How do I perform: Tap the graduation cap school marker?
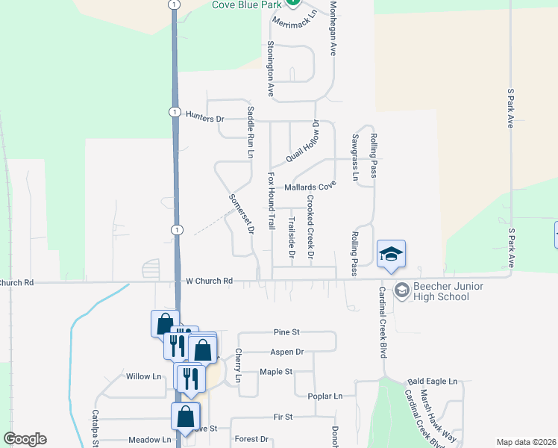pyautogui.click(x=391, y=255)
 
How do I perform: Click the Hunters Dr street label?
pyautogui.click(x=205, y=119)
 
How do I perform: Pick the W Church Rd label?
pyautogui.click(x=210, y=281)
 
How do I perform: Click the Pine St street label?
pyautogui.click(x=286, y=332)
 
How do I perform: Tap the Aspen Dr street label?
pyautogui.click(x=289, y=352)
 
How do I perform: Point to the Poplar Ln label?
pyautogui.click(x=327, y=396)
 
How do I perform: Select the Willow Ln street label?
pyautogui.click(x=144, y=376)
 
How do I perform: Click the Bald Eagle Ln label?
pyautogui.click(x=433, y=382)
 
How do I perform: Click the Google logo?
pyautogui.click(x=25, y=439)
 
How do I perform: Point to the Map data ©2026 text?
pyautogui.click(x=526, y=442)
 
